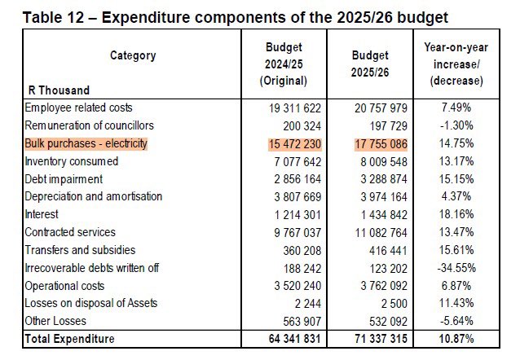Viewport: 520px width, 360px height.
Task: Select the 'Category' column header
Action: pos(133,55)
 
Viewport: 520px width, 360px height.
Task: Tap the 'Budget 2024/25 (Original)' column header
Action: pos(283,64)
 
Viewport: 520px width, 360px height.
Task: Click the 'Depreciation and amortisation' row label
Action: pos(94,196)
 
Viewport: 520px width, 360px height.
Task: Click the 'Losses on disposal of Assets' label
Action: pos(91,303)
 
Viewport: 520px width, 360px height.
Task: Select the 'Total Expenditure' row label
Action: pos(69,339)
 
